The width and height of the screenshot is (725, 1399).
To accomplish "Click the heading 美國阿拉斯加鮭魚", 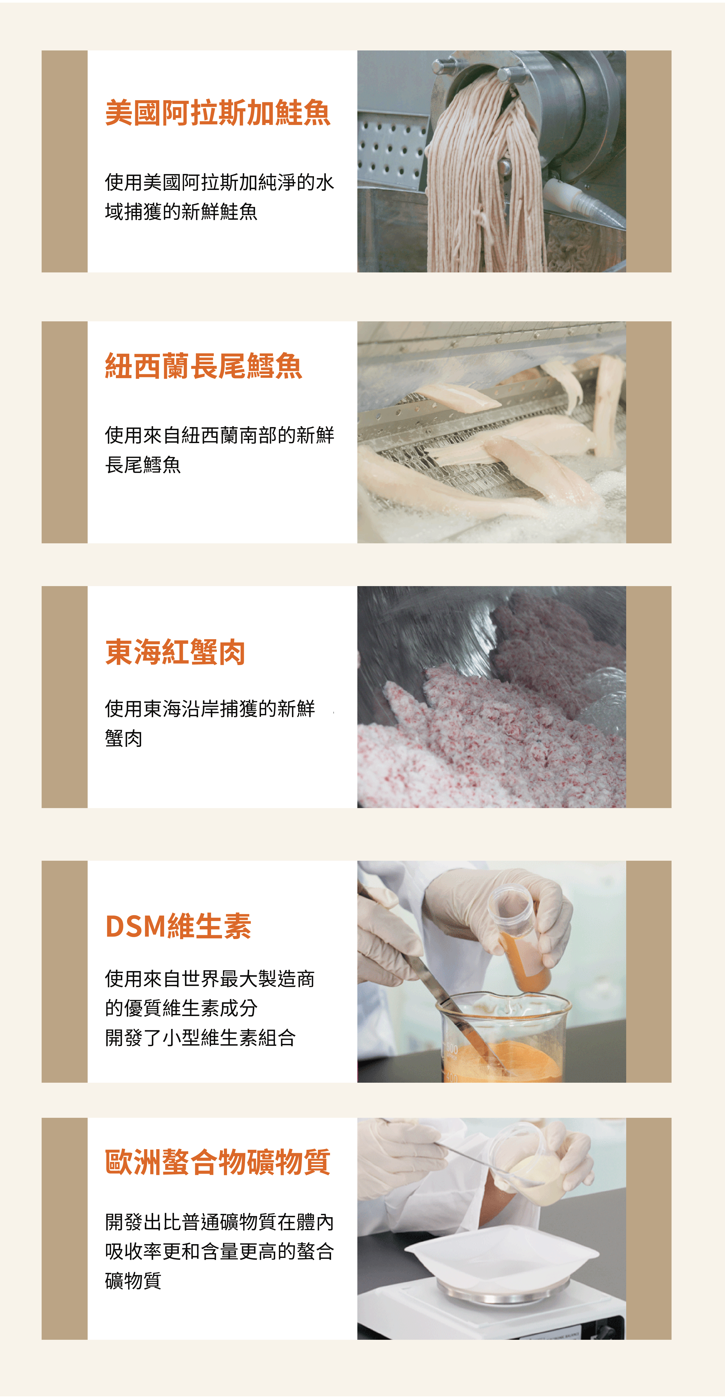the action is click(218, 113).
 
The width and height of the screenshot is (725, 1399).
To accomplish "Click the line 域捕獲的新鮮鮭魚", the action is click(181, 212).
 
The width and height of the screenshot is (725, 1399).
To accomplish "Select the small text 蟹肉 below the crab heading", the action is click(124, 738).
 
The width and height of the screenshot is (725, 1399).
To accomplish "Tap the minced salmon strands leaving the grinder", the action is click(486, 179).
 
